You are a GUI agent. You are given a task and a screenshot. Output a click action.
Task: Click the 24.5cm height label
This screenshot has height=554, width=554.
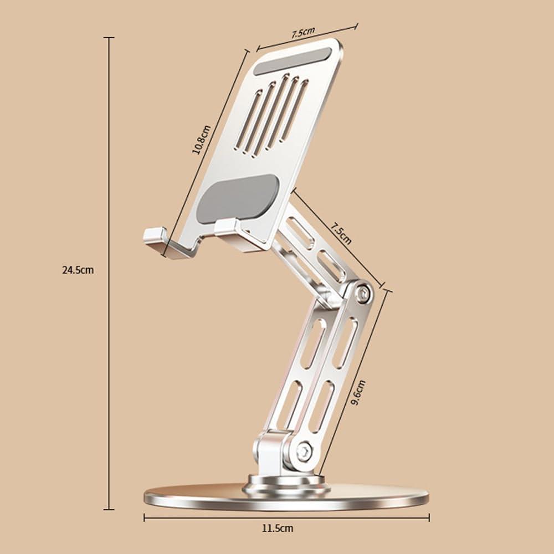click(x=78, y=270)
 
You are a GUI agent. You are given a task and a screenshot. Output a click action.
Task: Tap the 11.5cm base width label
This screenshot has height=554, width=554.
click(x=278, y=529)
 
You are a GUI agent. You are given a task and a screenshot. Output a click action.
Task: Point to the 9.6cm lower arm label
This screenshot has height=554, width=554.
click(x=359, y=393)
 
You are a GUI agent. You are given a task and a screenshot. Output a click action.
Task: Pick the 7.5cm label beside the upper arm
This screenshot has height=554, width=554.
click(x=341, y=233)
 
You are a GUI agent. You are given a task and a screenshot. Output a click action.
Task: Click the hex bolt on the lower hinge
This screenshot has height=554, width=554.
click(x=303, y=452)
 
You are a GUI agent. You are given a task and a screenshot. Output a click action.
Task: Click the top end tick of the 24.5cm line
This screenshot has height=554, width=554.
click(x=109, y=38)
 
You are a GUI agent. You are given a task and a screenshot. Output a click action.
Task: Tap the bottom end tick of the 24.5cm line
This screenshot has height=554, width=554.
click(x=109, y=509)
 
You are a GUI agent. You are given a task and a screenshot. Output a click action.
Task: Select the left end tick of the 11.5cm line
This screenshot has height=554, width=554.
click(x=144, y=517)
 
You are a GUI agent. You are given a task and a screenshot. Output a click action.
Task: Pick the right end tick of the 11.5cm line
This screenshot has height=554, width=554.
click(x=429, y=517)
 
